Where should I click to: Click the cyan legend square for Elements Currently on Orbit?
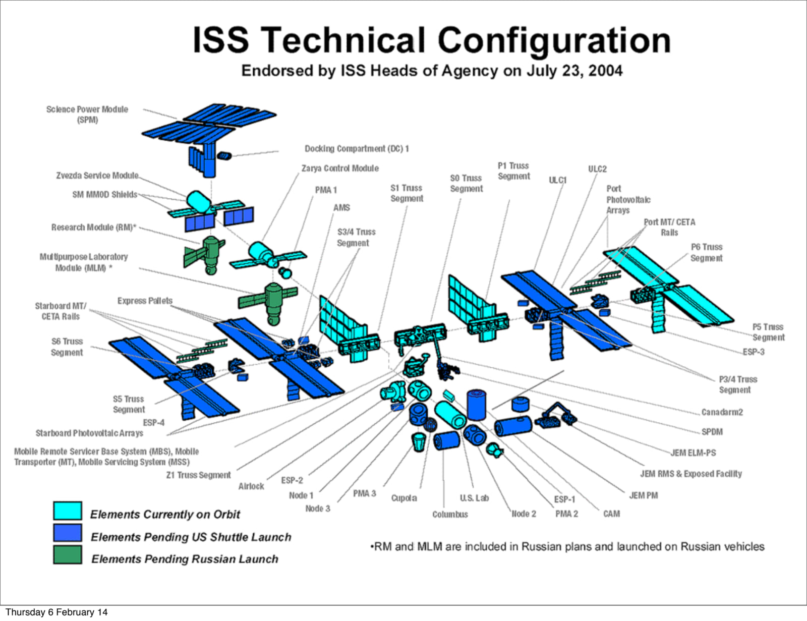[x=67, y=511]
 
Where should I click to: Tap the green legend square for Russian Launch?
[x=67, y=555]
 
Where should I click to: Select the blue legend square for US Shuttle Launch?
[x=67, y=533]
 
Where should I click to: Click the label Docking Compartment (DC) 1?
[x=357, y=148]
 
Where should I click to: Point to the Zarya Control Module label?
[x=340, y=168]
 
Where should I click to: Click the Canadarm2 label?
[x=722, y=412]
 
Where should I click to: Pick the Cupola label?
[x=404, y=498]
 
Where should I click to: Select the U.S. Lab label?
[x=474, y=498]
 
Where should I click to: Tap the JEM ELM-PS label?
[x=693, y=453]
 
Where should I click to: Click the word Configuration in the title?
[x=554, y=41]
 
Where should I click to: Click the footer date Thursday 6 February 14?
[x=56, y=612]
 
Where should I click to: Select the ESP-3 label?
[x=754, y=352]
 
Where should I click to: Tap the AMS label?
[x=341, y=208]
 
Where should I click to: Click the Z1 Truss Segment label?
[x=198, y=475]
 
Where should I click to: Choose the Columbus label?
[x=450, y=515]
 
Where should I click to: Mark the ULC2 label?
[x=597, y=169]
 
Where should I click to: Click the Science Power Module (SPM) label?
[x=87, y=115]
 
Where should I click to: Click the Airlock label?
[x=251, y=486]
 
